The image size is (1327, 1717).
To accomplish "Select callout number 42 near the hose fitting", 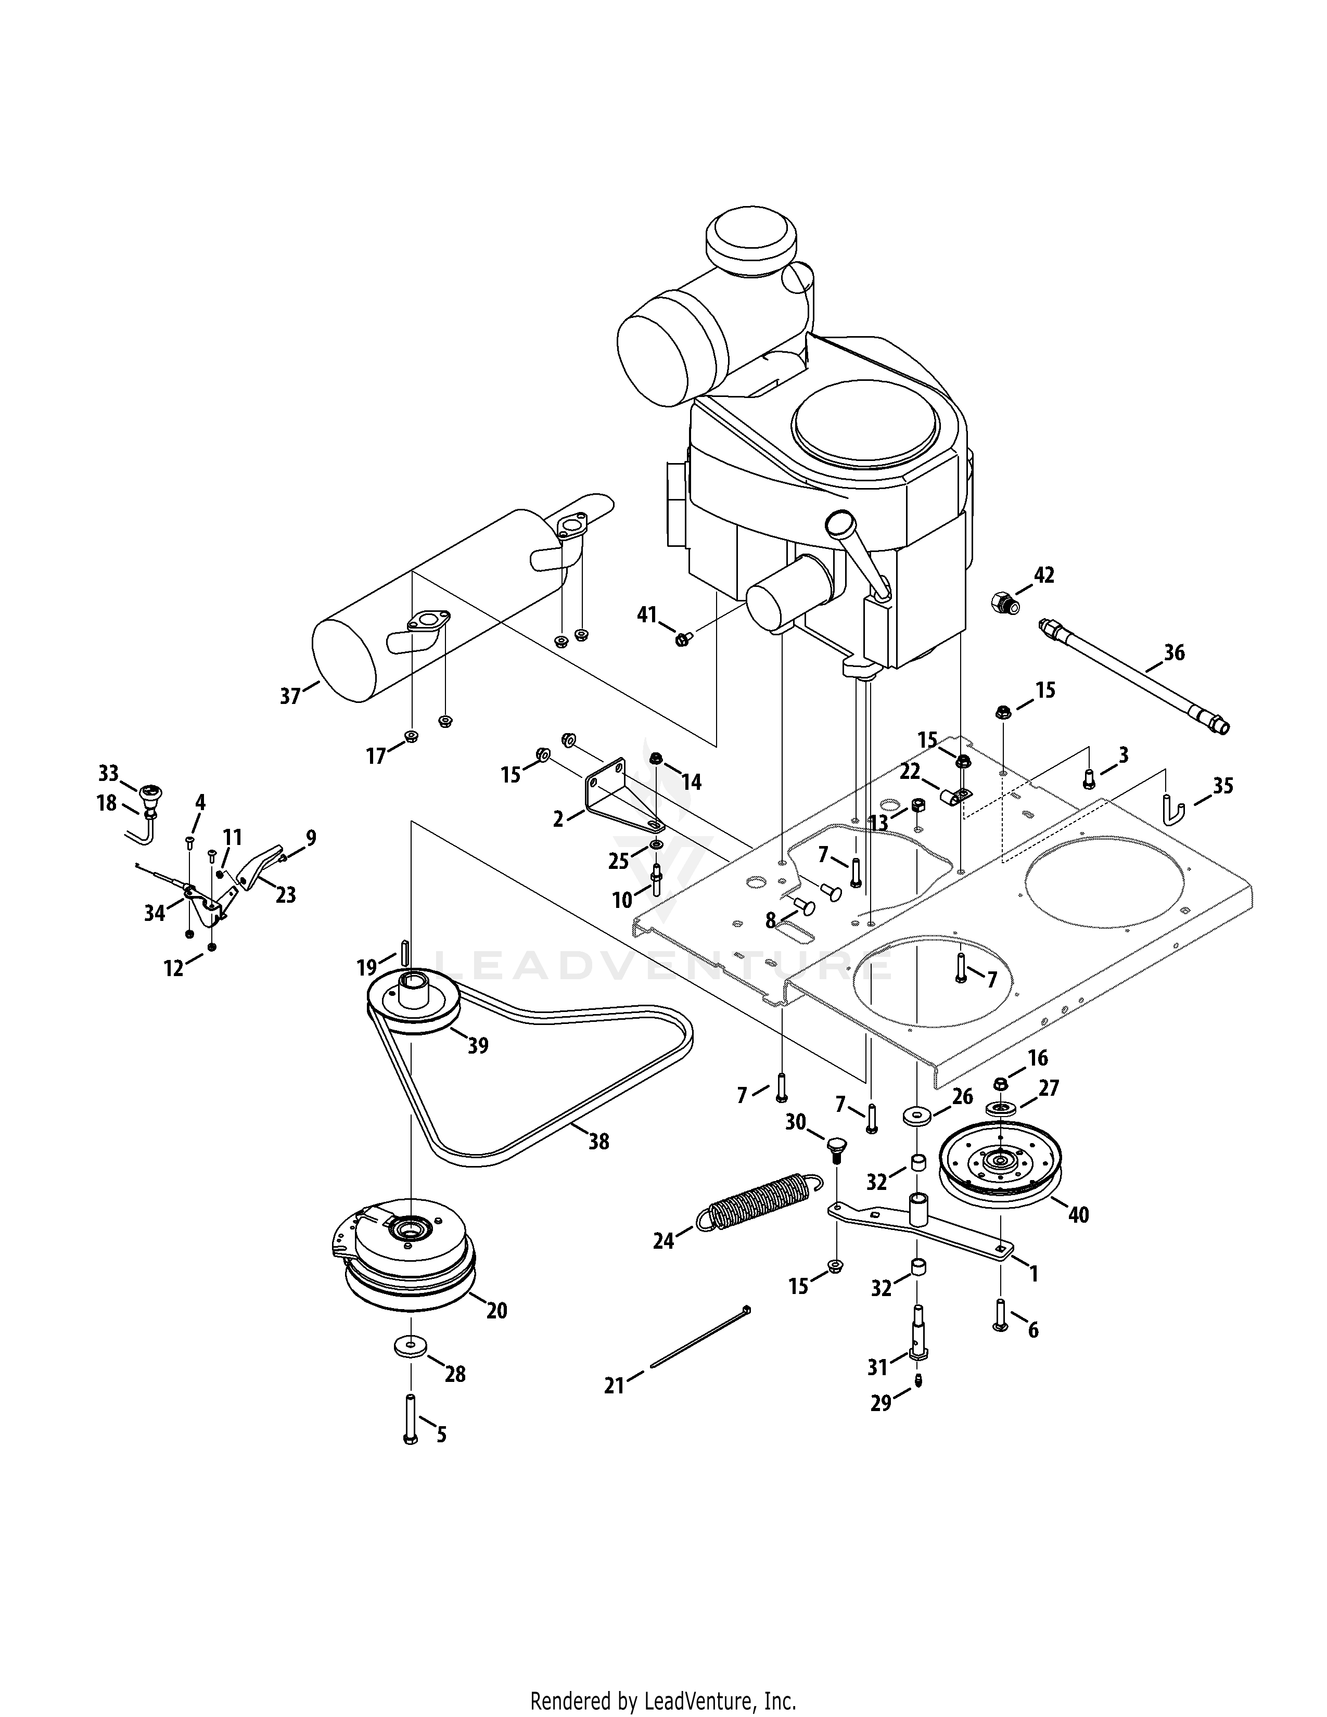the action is [1043, 575].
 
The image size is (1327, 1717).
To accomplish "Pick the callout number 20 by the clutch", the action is [497, 1311].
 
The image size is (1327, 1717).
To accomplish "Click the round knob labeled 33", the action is [150, 797].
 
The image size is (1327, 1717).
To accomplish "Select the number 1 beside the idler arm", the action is [1034, 1274].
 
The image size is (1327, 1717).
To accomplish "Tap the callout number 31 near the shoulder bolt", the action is [877, 1367].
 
